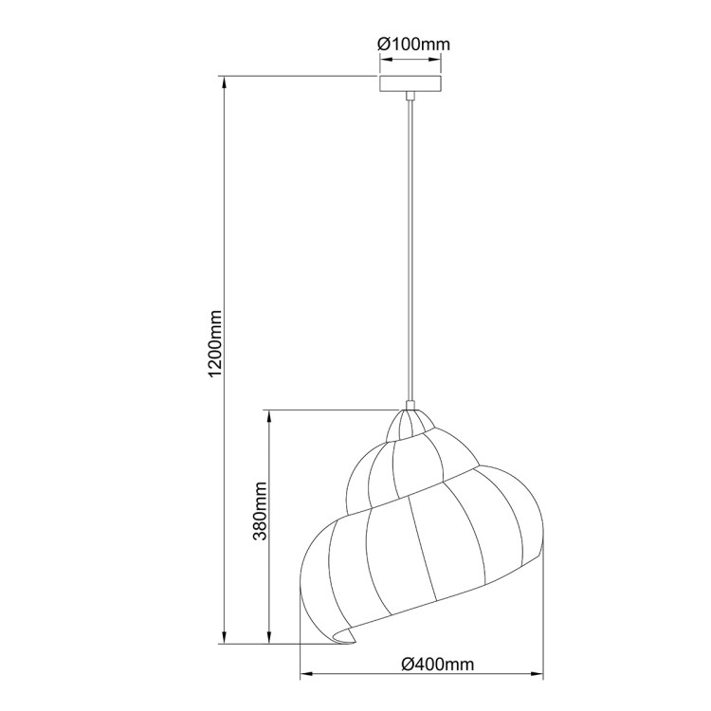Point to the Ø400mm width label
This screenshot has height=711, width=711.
pyautogui.click(x=437, y=664)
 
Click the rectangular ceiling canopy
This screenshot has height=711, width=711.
pyautogui.click(x=410, y=83)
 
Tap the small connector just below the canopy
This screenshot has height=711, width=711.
pyautogui.click(x=410, y=96)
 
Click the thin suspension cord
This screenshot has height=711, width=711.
pyautogui.click(x=410, y=246)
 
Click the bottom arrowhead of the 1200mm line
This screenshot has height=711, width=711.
pyautogui.click(x=225, y=639)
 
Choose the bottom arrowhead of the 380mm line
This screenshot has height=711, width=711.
pyautogui.click(x=271, y=639)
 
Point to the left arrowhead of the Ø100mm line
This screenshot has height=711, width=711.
pyautogui.click(x=384, y=62)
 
